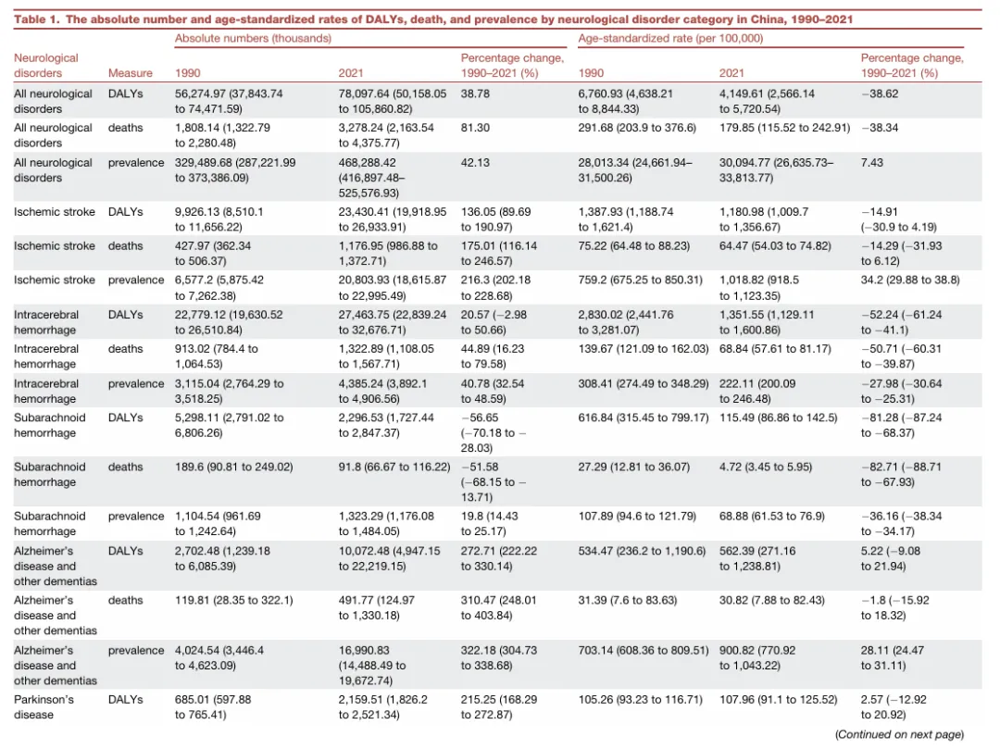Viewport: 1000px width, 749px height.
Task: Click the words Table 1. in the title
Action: point(37,19)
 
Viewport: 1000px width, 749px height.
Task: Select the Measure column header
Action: point(131,73)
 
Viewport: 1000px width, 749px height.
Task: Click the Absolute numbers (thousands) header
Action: point(253,38)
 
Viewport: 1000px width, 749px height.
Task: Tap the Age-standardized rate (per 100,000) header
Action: point(670,38)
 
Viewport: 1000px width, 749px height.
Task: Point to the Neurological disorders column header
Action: point(46,66)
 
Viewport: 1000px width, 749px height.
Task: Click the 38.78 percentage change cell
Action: point(475,94)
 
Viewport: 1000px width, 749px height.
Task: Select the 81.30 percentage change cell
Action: point(475,128)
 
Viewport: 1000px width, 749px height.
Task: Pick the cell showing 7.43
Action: point(872,163)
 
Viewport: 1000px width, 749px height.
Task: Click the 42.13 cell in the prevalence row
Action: point(475,163)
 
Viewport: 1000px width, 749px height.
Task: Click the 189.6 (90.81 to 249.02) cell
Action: point(234,467)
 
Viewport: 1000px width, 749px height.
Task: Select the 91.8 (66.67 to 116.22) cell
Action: point(394,467)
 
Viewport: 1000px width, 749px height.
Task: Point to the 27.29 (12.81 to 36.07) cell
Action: point(634,467)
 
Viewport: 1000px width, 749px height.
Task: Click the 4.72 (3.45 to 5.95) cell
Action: point(766,467)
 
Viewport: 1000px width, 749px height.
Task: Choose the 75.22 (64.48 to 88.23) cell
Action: point(634,246)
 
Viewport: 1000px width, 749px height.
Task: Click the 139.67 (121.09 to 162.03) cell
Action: point(644,349)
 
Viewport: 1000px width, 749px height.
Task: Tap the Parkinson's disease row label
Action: point(44,707)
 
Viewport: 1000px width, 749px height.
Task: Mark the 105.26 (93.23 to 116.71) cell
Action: point(641,699)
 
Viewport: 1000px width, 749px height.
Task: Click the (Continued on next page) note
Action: point(899,734)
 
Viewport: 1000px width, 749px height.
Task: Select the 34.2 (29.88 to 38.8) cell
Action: point(910,280)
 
